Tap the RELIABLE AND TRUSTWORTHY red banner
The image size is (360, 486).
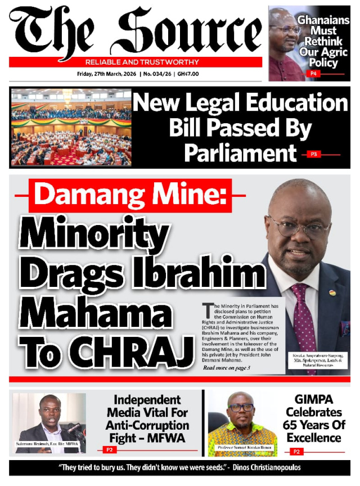(134, 62)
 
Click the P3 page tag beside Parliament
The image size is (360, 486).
(315, 154)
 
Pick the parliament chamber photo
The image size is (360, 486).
(71, 127)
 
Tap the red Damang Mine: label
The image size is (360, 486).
(130, 195)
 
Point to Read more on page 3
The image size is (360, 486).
(226, 367)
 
